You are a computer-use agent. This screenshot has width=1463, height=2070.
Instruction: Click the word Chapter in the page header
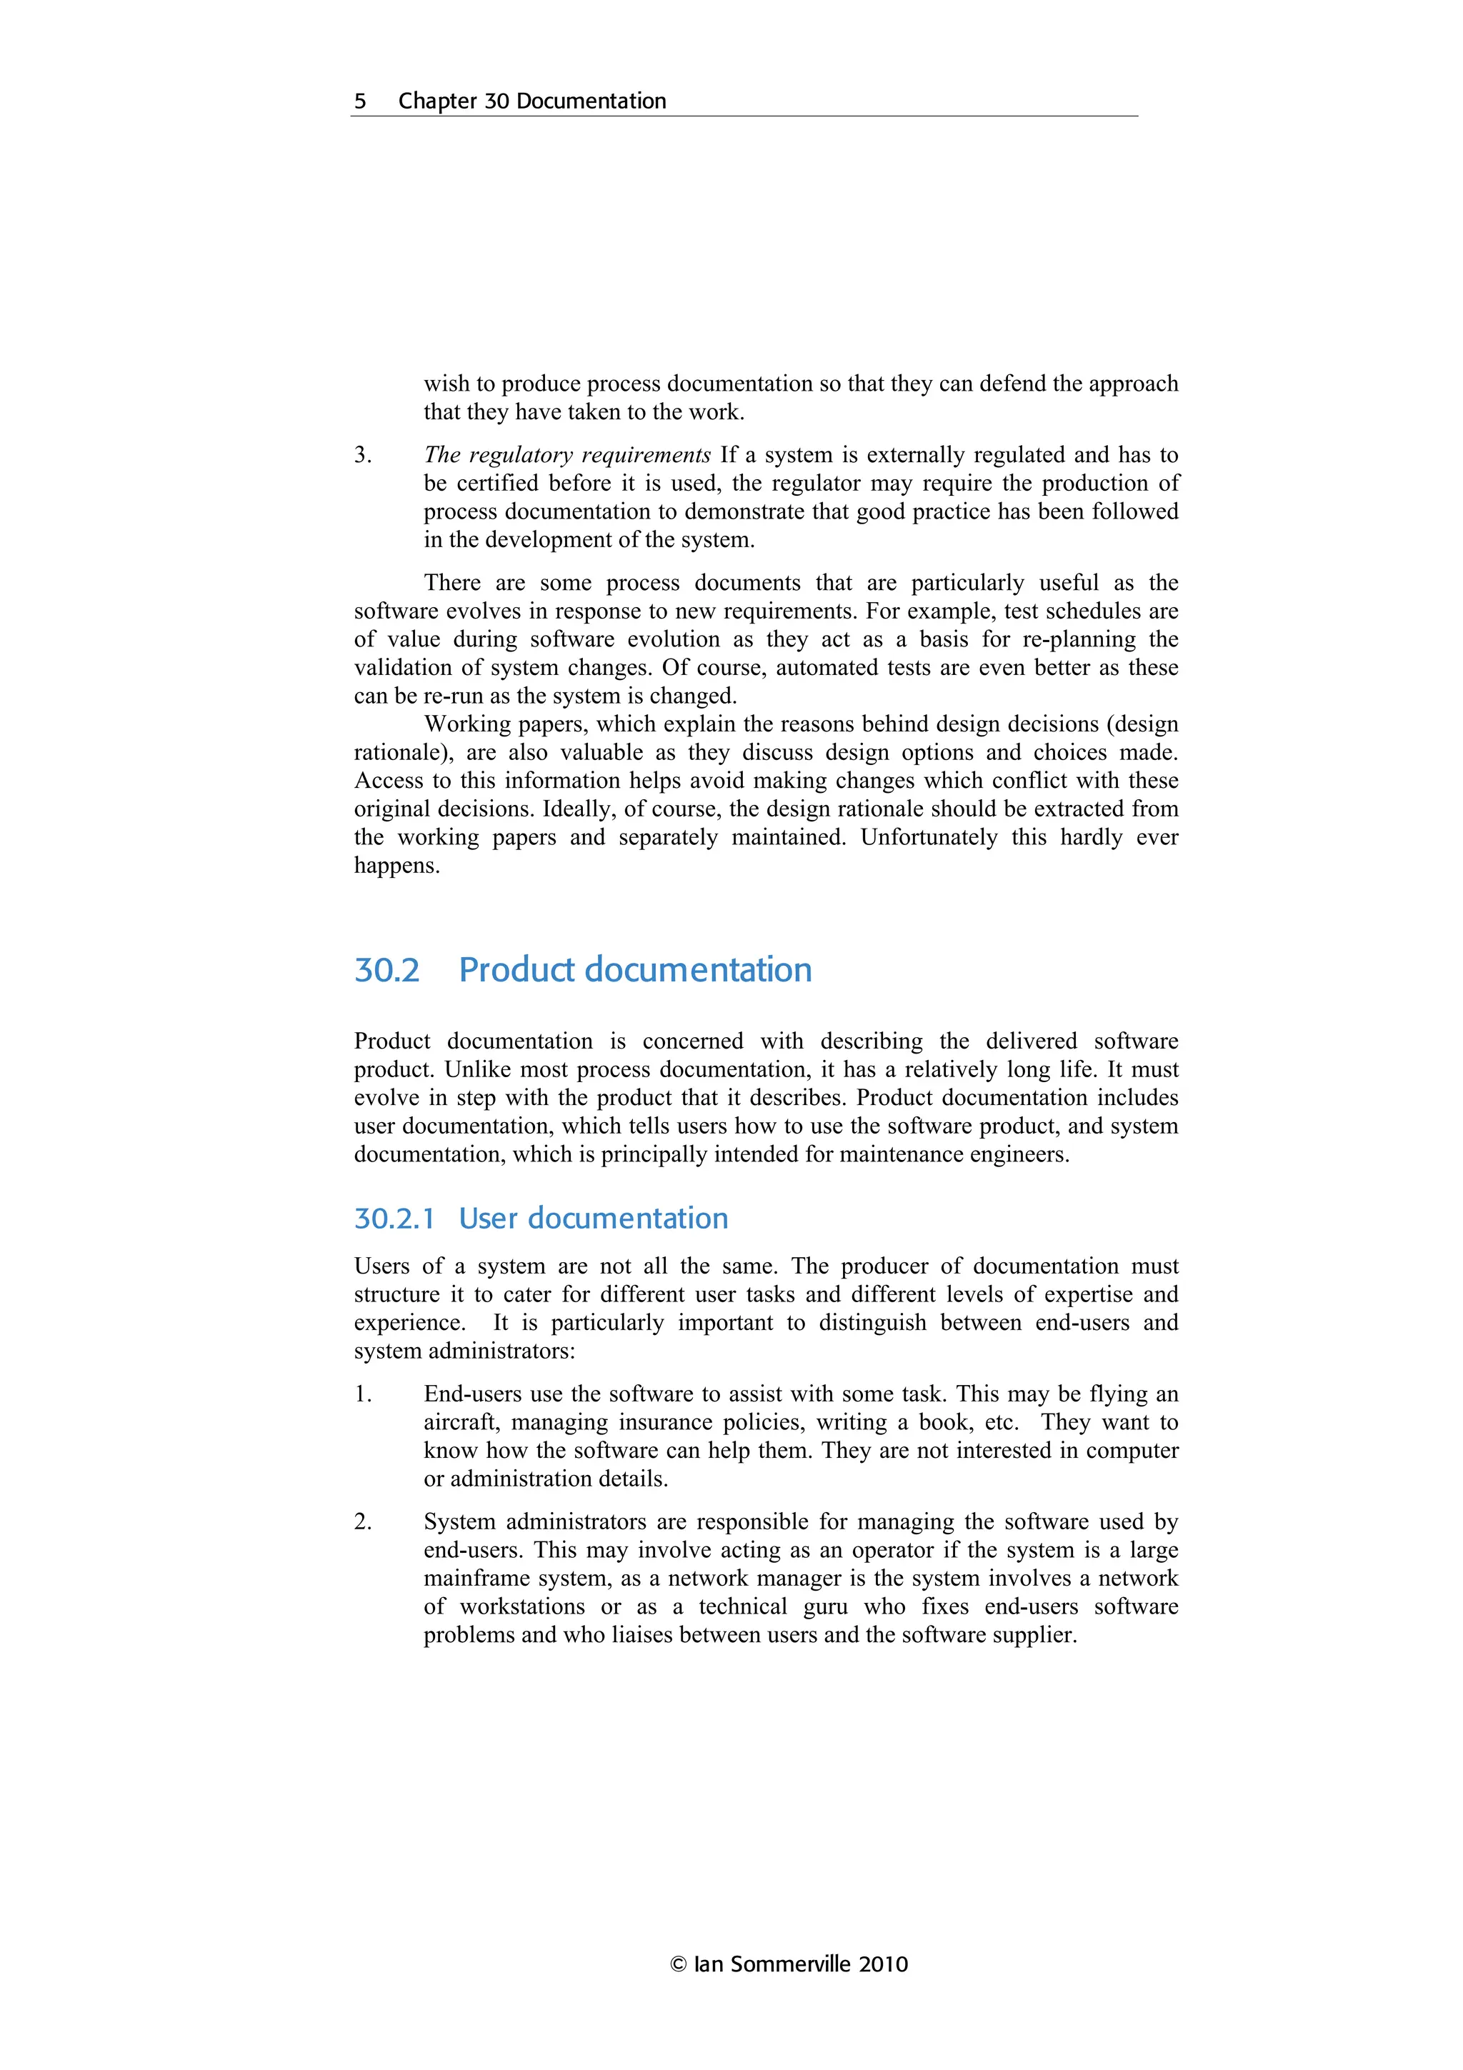(x=437, y=101)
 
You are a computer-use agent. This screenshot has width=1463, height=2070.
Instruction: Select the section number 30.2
(x=386, y=970)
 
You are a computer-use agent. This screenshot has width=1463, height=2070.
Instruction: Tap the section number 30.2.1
(x=394, y=1218)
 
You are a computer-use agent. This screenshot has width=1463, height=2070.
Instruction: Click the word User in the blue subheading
(x=489, y=1218)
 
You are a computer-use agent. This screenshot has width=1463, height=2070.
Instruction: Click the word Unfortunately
(x=929, y=838)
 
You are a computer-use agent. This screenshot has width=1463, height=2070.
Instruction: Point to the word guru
(x=825, y=1606)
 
